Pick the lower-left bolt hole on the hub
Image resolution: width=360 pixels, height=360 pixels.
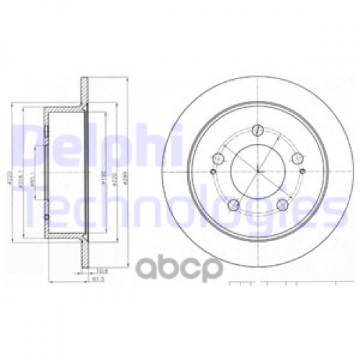pos(233,207)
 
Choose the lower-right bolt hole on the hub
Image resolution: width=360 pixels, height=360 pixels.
pos(283,207)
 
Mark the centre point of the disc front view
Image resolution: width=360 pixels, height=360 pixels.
pos(256,173)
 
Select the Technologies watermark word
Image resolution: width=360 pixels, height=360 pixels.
pos(180,204)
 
